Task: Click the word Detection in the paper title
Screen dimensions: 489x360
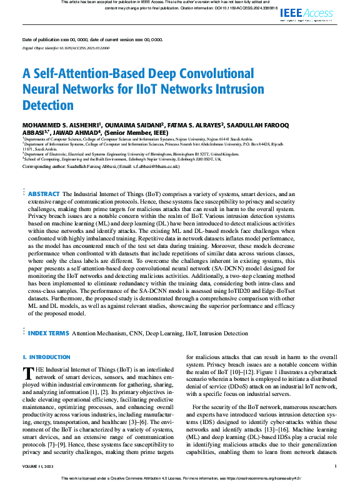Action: click(x=48, y=105)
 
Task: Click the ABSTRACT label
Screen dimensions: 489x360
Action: click(x=44, y=194)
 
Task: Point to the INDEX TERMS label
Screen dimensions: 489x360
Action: click(x=48, y=333)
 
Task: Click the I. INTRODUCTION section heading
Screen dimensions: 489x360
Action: click(x=46, y=357)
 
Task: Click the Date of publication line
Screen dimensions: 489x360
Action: click(x=92, y=39)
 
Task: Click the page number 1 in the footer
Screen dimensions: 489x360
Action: click(x=336, y=466)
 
